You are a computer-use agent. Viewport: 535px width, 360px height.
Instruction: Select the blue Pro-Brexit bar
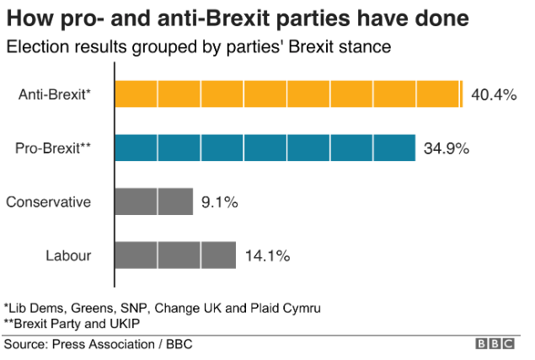(265, 148)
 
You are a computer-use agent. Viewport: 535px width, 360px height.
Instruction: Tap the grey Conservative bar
(153, 201)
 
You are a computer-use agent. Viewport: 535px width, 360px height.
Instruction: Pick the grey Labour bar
(174, 255)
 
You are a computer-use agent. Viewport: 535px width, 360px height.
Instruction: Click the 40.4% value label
(493, 94)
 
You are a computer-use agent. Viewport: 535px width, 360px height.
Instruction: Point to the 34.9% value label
(447, 148)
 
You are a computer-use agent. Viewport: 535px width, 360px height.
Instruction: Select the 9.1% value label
(221, 202)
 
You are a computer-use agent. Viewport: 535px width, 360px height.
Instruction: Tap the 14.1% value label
(267, 255)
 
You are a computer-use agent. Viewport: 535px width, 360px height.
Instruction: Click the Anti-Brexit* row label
(55, 94)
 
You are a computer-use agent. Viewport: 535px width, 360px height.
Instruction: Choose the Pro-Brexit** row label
(53, 148)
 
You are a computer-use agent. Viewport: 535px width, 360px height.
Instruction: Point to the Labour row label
(68, 255)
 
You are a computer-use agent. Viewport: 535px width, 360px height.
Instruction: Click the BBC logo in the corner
(498, 345)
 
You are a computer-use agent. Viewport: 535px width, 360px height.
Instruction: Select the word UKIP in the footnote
(121, 323)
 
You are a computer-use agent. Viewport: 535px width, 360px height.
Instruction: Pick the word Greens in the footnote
(94, 306)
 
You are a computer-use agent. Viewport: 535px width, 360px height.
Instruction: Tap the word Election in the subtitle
(34, 47)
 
